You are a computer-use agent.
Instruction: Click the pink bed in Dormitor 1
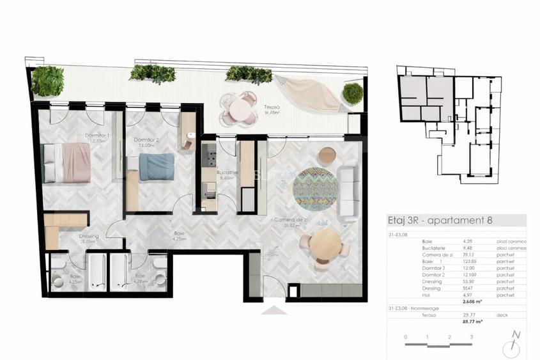tap(66, 163)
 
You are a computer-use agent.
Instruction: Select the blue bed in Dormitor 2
tap(156, 167)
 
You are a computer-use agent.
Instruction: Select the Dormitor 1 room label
tap(98, 136)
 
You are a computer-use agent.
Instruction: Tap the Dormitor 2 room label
tap(146, 139)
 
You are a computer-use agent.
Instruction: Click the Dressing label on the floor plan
tap(88, 236)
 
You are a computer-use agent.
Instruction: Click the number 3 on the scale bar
tap(472, 337)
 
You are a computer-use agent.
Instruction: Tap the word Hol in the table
tap(426, 294)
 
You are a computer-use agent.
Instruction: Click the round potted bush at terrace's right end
tap(353, 93)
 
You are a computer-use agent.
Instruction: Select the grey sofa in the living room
tap(349, 191)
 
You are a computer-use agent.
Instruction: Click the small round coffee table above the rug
tap(327, 154)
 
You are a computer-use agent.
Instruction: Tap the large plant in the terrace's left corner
tap(47, 81)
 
